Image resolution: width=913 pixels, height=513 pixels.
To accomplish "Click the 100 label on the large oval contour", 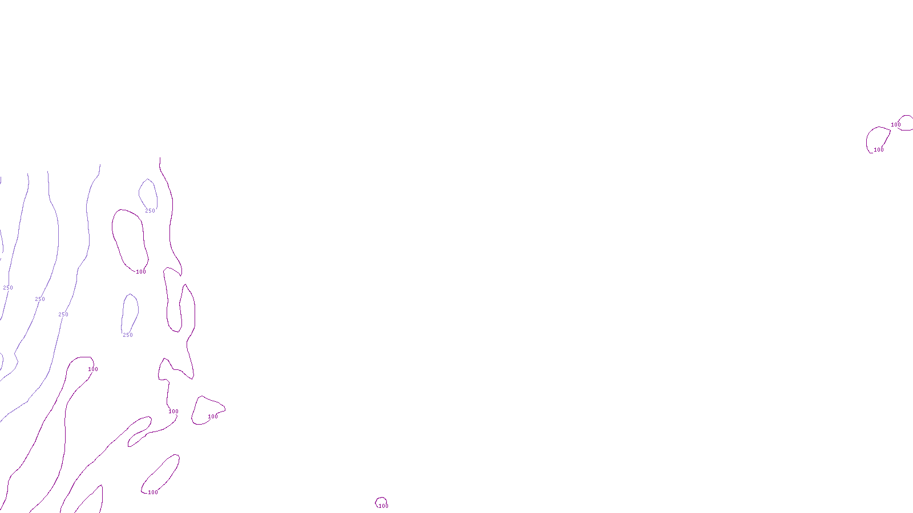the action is tap(140, 271).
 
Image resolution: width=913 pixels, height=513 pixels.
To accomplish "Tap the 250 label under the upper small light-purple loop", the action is tap(150, 210).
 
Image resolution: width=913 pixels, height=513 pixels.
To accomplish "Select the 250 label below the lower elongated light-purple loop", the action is tap(128, 335).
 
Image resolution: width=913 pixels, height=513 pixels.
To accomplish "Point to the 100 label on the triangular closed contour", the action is tap(213, 416).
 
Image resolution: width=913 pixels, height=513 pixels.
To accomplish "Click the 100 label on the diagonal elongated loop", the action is tap(153, 492).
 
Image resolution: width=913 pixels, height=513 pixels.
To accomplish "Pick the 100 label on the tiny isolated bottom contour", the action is tap(383, 506).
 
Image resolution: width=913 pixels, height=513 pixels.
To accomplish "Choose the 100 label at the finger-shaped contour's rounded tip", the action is tap(93, 369).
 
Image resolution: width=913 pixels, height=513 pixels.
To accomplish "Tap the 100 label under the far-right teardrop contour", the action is tap(878, 149).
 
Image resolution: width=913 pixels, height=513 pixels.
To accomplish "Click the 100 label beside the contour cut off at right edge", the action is tap(895, 125).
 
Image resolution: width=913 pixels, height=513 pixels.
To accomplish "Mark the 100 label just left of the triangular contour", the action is tap(173, 411).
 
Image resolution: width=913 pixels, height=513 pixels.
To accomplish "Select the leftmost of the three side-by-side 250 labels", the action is tap(8, 287).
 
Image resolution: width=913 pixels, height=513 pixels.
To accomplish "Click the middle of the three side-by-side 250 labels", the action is tap(39, 299).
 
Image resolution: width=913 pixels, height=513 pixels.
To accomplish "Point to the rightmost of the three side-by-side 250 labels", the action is tap(63, 314).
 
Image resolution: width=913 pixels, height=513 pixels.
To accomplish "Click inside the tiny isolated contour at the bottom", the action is tap(381, 502).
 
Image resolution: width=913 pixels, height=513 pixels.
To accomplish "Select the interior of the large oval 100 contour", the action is tap(129, 240).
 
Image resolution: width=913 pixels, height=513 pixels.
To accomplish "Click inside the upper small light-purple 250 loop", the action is tap(148, 193).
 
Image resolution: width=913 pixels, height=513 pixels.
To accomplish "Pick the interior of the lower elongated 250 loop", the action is tap(130, 311).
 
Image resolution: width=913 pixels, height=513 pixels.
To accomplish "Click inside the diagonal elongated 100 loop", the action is tap(161, 474).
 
